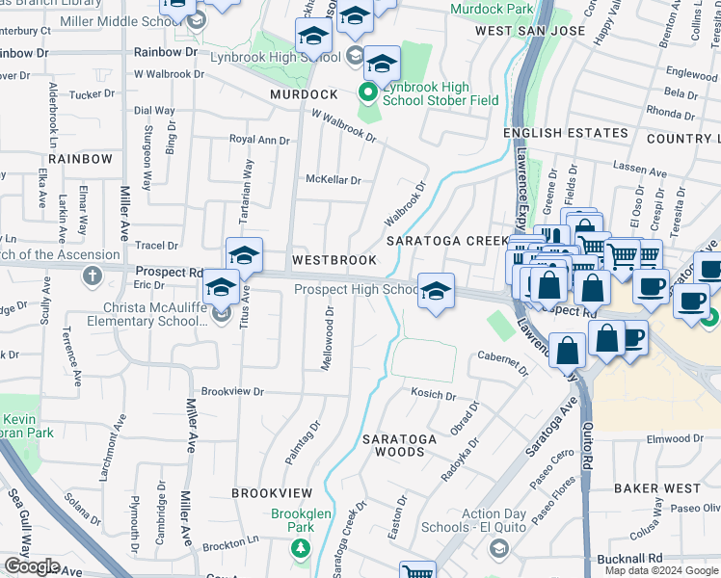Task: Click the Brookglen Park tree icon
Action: coord(301,548)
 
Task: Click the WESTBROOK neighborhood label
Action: coord(334,261)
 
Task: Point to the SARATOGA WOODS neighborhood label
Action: coord(400,445)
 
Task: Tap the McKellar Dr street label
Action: coord(333,180)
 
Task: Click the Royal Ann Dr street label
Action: coord(259,140)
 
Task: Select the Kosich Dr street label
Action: coord(433,394)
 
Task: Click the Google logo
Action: coord(32,566)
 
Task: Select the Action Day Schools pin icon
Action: coord(498,548)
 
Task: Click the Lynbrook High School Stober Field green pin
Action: coord(367,93)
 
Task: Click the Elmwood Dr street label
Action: coord(676,438)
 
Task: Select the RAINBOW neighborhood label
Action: coord(80,158)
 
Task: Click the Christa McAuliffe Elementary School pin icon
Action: coord(221,314)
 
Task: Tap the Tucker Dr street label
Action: coord(93,94)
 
